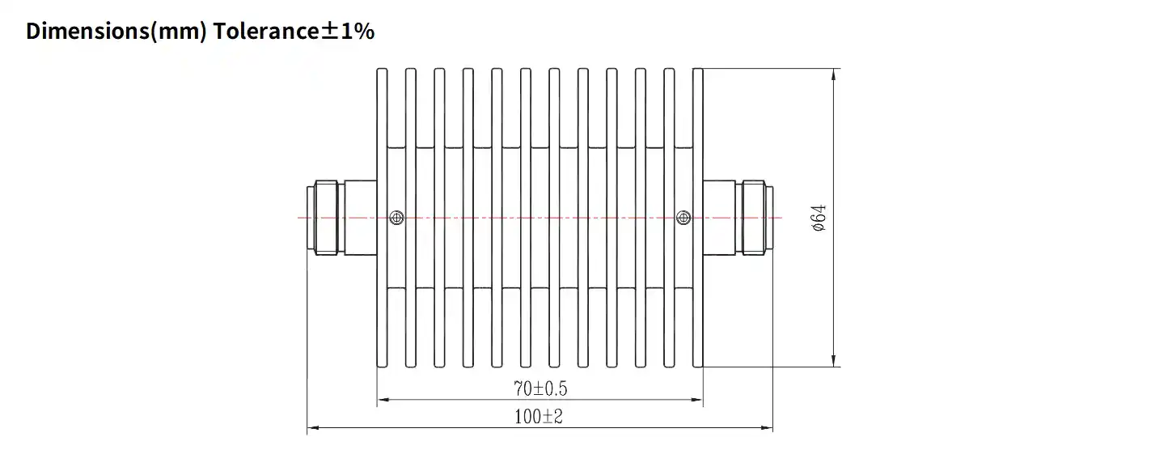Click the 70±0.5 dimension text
pyautogui.click(x=540, y=389)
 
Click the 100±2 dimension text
pyautogui.click(x=539, y=418)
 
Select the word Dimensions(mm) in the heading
pyautogui.click(x=117, y=32)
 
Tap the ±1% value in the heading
pyautogui.click(x=345, y=32)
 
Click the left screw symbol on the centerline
pyautogui.click(x=396, y=217)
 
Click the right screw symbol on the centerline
pyautogui.click(x=683, y=217)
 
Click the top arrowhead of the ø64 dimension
pyautogui.click(x=833, y=74)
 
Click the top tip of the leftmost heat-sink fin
pyautogui.click(x=382, y=70)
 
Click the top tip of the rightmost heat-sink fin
pyautogui.click(x=697, y=70)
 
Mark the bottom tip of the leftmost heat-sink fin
pyautogui.click(x=382, y=366)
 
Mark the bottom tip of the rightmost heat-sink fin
pyautogui.click(x=697, y=366)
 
